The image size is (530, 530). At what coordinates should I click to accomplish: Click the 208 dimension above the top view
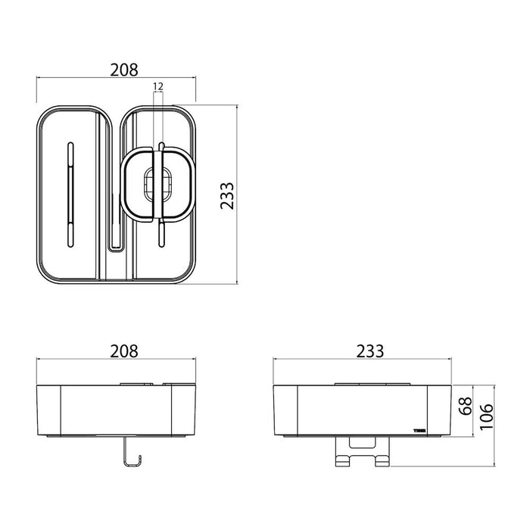point(124,70)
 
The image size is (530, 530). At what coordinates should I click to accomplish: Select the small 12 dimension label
point(157,86)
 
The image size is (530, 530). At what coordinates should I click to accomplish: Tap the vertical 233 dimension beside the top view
point(227,196)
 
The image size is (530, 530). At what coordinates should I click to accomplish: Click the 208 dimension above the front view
point(124,351)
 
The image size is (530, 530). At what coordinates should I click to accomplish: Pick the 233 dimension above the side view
point(369,351)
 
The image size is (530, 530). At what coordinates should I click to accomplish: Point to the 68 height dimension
point(466,407)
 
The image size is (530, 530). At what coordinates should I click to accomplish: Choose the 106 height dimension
point(487,416)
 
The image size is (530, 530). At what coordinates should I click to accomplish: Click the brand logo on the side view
point(419,431)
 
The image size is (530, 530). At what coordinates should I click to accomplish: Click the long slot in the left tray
point(70,195)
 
